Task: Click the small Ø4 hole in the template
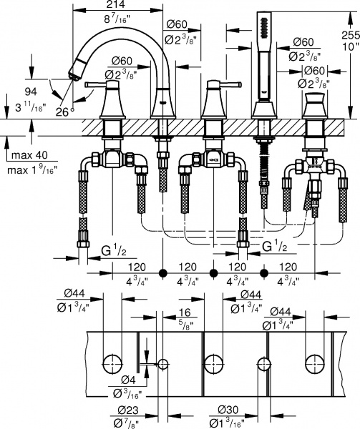click(x=163, y=363)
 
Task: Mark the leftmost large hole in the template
click(x=112, y=362)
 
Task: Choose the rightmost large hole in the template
click(x=313, y=362)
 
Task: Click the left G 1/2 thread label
click(x=114, y=251)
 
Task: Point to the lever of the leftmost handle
click(x=99, y=84)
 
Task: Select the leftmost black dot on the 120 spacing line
click(x=163, y=273)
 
